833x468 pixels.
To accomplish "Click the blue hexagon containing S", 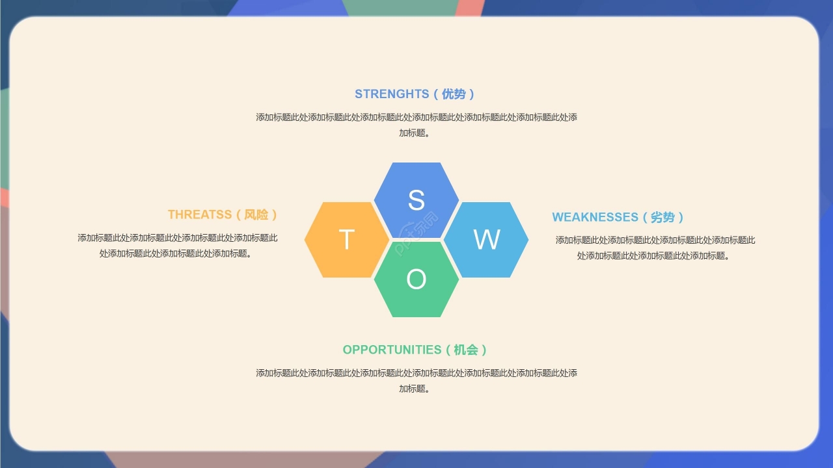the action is [416, 200].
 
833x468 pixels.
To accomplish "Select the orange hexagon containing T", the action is [347, 240].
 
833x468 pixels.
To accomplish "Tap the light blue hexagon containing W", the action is [486, 240].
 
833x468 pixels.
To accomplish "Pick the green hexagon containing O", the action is [416, 279].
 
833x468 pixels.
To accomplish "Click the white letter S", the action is [416, 200].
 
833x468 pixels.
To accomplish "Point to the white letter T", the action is [347, 240].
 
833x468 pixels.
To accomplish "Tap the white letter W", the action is [486, 240].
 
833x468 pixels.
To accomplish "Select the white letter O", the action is [416, 279].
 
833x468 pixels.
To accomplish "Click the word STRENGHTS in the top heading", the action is [392, 94].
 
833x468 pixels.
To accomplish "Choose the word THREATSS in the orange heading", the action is [200, 214].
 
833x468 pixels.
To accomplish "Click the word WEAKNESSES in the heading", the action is [595, 217].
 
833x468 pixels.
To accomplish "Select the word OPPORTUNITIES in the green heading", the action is [392, 350].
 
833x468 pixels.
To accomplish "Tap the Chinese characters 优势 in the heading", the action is [454, 94].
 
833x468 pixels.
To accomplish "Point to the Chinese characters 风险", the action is [256, 214].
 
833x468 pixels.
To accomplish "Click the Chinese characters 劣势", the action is [662, 217].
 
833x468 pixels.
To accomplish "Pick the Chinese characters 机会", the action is [466, 350].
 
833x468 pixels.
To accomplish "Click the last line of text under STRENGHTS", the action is [415, 133].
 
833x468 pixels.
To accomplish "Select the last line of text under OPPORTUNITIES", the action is [415, 389].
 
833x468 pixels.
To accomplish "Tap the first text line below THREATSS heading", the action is [178, 238].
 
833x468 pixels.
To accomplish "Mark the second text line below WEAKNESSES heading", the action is [653, 256].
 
